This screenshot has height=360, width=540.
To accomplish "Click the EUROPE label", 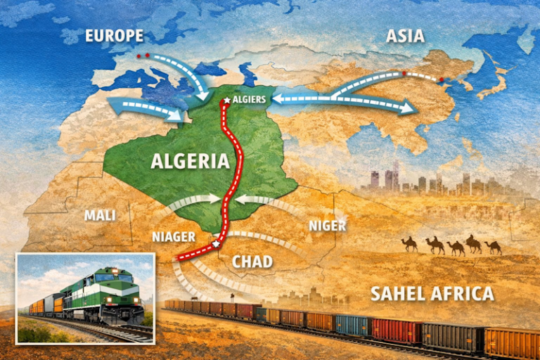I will click(114, 36).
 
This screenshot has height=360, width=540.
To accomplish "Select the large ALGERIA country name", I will click(190, 161).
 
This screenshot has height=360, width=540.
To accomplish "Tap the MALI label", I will click(100, 215).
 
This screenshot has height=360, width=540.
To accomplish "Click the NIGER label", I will click(327, 226).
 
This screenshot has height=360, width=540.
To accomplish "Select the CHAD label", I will click(252, 262).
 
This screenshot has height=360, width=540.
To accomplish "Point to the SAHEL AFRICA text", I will click(432, 293).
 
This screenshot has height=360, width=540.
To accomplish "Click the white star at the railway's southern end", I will click(215, 244).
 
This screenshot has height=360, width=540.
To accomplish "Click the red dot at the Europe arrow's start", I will click(139, 54).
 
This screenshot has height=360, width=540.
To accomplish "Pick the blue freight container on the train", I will click(352, 324).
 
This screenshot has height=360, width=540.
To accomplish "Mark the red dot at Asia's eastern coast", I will click(442, 79).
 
